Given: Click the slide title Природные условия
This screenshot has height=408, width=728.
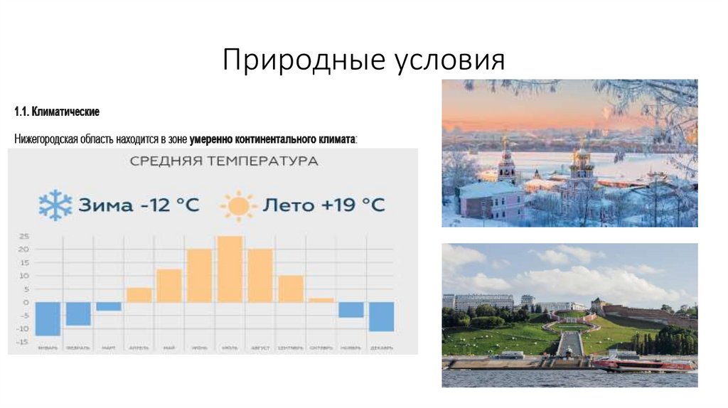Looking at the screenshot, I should (x=363, y=60).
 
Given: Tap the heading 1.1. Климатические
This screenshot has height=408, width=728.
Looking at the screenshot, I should (x=56, y=112).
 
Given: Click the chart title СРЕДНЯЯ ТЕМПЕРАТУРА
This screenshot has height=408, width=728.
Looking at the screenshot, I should (x=224, y=161).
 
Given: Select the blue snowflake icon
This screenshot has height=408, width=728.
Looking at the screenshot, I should (x=55, y=205).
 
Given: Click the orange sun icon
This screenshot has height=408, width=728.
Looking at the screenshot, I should (x=237, y=206).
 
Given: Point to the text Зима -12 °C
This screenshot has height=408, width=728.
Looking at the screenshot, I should (x=139, y=205).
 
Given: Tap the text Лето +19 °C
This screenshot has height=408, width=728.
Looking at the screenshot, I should (x=324, y=205).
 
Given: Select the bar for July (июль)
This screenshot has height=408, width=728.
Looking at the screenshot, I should (x=230, y=269).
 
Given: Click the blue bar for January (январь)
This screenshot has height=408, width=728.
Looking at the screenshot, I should (x=48, y=318).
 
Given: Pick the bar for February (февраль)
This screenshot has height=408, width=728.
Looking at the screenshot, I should (x=78, y=313).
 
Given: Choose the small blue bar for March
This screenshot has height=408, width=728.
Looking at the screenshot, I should (x=109, y=306).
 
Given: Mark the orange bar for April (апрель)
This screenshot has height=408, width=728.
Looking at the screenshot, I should (x=139, y=295).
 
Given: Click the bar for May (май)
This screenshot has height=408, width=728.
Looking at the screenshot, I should (x=169, y=286).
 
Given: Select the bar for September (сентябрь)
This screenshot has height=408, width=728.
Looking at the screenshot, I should (x=291, y=289).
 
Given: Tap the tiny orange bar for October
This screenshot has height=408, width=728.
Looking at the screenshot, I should (x=321, y=301).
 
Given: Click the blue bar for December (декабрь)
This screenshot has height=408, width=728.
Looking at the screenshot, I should (x=381, y=316).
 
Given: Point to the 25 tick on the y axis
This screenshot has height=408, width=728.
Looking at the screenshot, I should (x=23, y=236).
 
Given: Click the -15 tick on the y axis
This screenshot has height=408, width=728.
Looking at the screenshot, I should (x=23, y=342).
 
